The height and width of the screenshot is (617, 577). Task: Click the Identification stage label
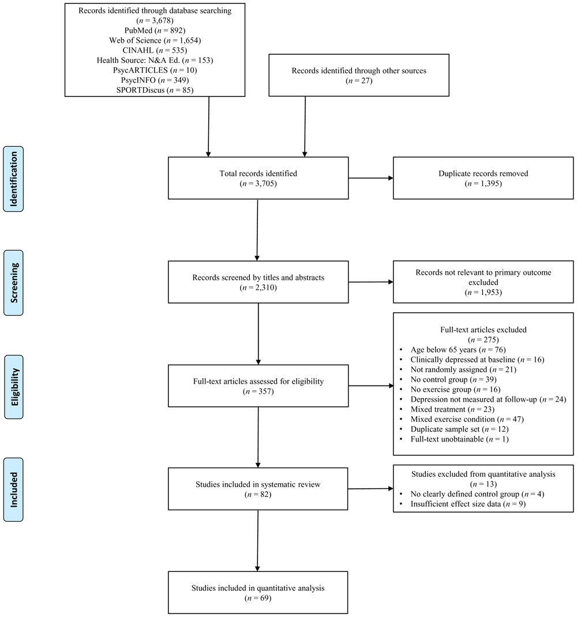[x=13, y=179]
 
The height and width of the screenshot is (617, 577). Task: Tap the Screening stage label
[x=13, y=283]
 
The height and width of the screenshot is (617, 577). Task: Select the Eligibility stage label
[x=14, y=387]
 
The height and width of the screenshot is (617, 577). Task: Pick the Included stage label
[x=13, y=489]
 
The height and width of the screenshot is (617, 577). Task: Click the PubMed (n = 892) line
[x=155, y=30]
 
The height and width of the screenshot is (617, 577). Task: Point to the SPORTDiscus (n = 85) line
[x=155, y=90]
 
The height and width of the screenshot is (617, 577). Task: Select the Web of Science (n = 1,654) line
[x=155, y=40]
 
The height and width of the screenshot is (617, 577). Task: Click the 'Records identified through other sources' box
[x=359, y=75]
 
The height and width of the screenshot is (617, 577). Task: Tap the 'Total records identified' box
[x=258, y=178]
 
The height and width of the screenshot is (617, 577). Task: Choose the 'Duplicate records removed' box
[x=484, y=178]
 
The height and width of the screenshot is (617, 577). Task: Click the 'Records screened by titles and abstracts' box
[x=258, y=282]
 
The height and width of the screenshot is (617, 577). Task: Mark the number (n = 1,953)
[x=484, y=293]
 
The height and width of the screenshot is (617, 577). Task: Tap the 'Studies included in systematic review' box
[x=258, y=489]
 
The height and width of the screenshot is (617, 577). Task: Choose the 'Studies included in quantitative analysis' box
[x=258, y=593]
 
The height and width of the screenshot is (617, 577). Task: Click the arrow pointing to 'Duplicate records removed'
[x=371, y=178]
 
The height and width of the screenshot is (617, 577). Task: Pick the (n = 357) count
[x=258, y=391]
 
